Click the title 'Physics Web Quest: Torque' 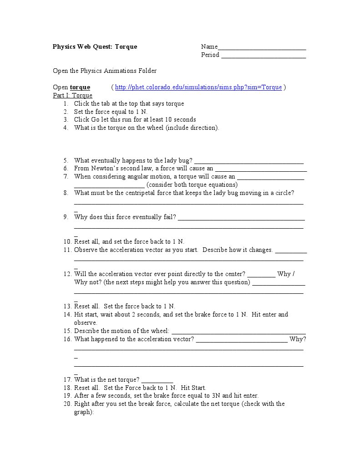(95, 46)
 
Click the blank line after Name (262, 47)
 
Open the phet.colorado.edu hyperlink (198, 87)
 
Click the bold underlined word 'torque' (80, 87)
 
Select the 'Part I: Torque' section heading (73, 95)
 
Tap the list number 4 (66, 128)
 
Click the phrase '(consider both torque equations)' (192, 184)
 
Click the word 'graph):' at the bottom (84, 412)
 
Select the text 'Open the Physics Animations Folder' (105, 71)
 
